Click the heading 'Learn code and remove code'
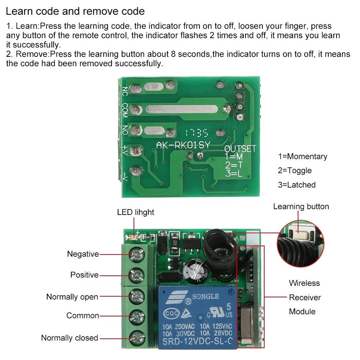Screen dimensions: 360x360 click(75, 11)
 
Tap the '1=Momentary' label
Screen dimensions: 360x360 click(302, 157)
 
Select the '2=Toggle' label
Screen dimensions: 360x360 click(294, 171)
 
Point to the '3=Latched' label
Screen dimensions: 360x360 click(296, 185)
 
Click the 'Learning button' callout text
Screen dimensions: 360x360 click(301, 207)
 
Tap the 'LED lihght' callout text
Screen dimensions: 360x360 click(135, 212)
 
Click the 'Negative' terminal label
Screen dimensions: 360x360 click(83, 254)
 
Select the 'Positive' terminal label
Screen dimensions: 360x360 click(84, 275)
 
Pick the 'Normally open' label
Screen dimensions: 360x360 click(72, 297)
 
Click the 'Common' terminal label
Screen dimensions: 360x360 click(82, 316)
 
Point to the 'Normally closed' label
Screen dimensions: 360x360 click(69, 338)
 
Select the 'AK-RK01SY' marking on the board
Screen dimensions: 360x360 click(183, 145)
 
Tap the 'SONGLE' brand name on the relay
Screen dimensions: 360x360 click(205, 296)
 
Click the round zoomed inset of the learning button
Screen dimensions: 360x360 click(300, 244)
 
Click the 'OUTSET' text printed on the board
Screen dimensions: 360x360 click(240, 149)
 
